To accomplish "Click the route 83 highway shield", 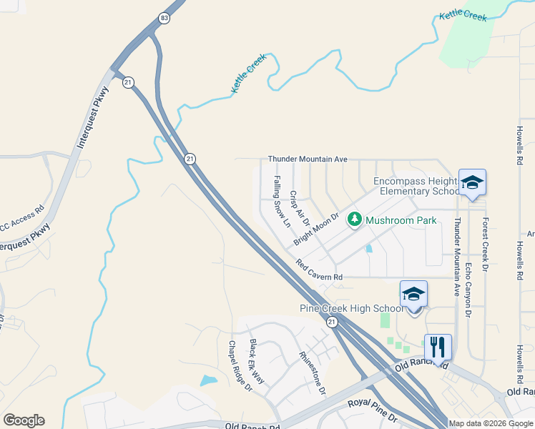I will coord(165,18).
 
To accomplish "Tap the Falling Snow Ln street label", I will coord(281,202).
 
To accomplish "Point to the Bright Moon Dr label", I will coord(315,230).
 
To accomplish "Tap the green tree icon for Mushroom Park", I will coord(353,220).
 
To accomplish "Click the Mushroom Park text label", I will coord(401,221).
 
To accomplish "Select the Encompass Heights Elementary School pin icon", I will coord(473,184).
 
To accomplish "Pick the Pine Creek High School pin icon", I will coord(413,294).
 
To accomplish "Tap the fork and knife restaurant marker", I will coord(437,347).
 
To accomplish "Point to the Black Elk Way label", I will coord(257,361).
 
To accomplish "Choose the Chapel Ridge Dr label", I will coord(240,366).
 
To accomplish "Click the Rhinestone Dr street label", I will coord(313,373).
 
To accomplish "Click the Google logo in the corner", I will coord(24,420).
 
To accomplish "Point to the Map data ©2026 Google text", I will coord(491,423).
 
